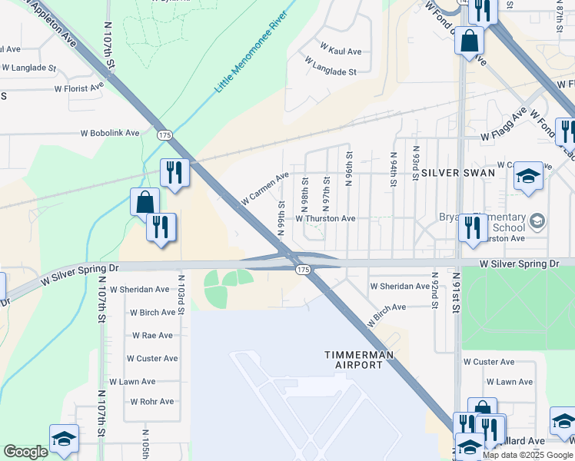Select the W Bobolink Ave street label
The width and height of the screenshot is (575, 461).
pyautogui.click(x=110, y=133)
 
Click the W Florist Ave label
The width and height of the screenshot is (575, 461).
pyautogui.click(x=78, y=88)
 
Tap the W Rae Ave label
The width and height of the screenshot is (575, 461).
pyautogui.click(x=152, y=336)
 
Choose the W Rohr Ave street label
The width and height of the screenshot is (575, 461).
pyautogui.click(x=151, y=402)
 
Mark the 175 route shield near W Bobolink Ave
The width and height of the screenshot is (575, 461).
pyautogui.click(x=164, y=134)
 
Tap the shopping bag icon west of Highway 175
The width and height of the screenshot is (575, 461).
pyautogui.click(x=144, y=203)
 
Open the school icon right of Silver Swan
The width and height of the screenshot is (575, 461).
pyautogui.click(x=528, y=176)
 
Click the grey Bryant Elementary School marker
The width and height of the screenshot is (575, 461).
pyautogui.click(x=537, y=222)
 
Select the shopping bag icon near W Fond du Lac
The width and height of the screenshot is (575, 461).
pyautogui.click(x=469, y=39)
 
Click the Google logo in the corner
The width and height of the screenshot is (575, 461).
pyautogui.click(x=25, y=452)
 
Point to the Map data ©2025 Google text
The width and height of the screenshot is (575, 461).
pyautogui.click(x=527, y=455)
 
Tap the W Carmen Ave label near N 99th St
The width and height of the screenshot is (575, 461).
pyautogui.click(x=264, y=188)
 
